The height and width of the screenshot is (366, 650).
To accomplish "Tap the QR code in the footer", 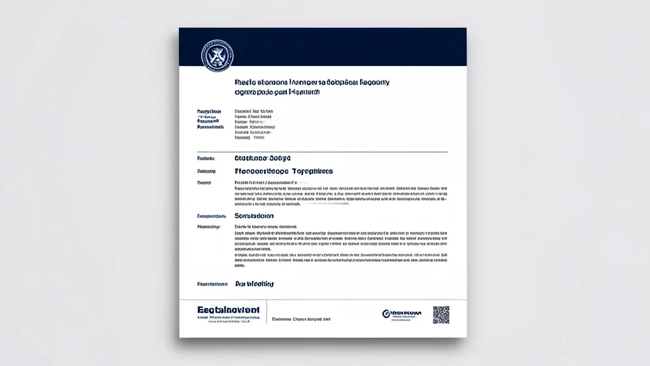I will pos(441,315).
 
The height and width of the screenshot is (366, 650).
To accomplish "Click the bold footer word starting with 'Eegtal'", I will pos(229,309).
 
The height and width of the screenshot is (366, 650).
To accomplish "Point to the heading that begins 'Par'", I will pos(255,284).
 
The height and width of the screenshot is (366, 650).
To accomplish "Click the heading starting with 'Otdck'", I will pos(262,158).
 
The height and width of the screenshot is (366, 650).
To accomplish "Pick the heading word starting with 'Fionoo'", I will pos(262,172).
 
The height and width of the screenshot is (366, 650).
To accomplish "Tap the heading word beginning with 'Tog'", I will pos(312,172).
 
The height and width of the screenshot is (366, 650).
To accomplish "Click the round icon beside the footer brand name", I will pos(386,313).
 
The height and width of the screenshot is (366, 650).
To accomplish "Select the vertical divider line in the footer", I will pos(267,316).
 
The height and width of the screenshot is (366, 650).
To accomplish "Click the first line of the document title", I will pos(312,83).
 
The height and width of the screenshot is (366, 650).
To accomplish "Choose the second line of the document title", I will pos(277,92).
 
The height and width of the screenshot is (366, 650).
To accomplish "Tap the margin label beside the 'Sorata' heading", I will pos(212,216).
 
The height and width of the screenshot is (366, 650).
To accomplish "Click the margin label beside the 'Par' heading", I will pos(212,284).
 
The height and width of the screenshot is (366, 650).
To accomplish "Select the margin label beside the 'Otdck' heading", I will pos(207,158).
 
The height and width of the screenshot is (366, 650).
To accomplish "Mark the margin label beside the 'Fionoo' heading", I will pos(208,172).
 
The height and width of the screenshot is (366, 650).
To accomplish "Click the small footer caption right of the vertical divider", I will pos(302,319).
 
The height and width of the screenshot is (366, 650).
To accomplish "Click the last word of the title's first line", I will pos(375,83).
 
